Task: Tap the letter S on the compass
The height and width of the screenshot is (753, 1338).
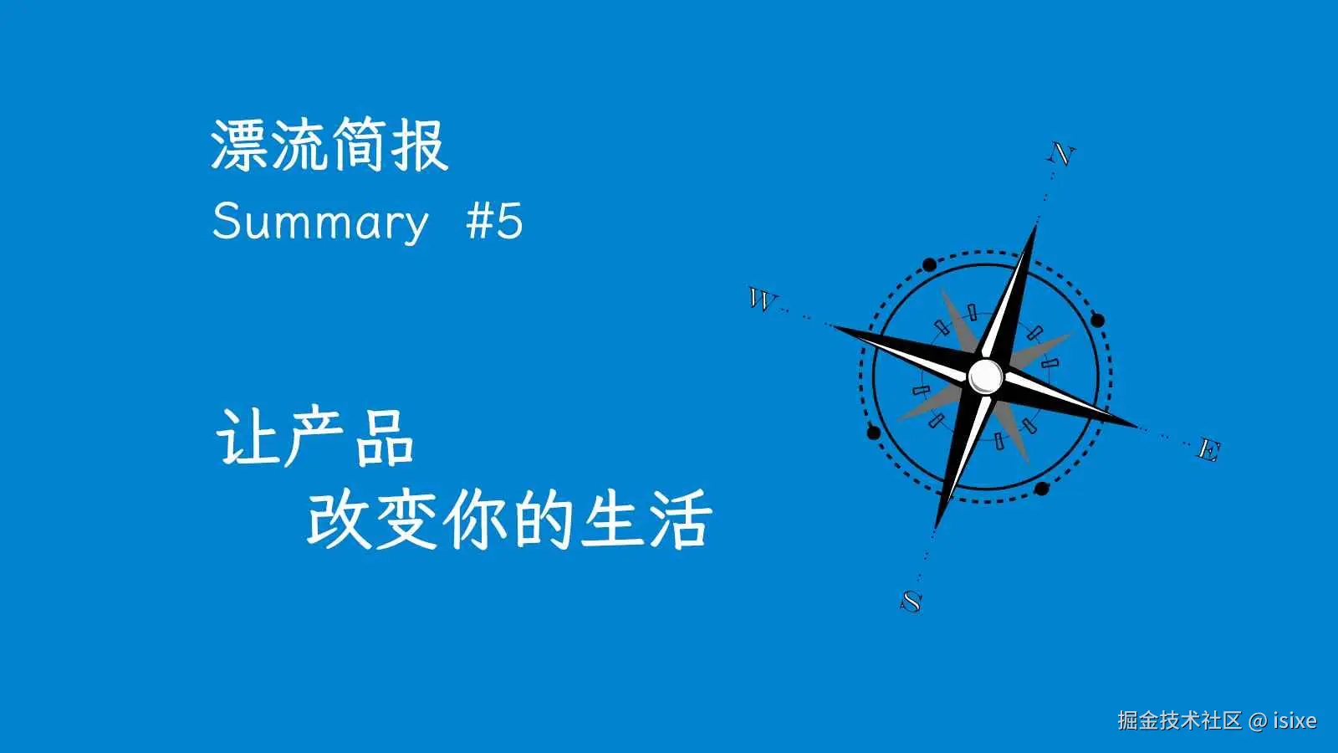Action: [912, 601]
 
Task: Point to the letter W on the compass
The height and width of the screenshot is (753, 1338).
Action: [762, 299]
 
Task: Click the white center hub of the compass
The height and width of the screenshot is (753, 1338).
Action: [986, 376]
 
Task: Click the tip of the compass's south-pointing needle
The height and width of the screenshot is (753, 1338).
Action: [936, 528]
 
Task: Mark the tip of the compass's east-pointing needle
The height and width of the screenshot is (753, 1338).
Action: [1137, 426]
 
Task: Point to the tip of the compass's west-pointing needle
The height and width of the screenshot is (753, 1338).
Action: [833, 325]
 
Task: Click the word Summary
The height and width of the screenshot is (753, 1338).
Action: [319, 222]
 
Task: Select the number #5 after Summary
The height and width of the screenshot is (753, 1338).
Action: [494, 222]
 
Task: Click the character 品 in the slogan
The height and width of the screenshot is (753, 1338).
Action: [385, 437]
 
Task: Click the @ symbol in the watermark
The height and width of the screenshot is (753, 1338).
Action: [1257, 720]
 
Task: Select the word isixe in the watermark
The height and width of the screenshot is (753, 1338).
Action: [1295, 720]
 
